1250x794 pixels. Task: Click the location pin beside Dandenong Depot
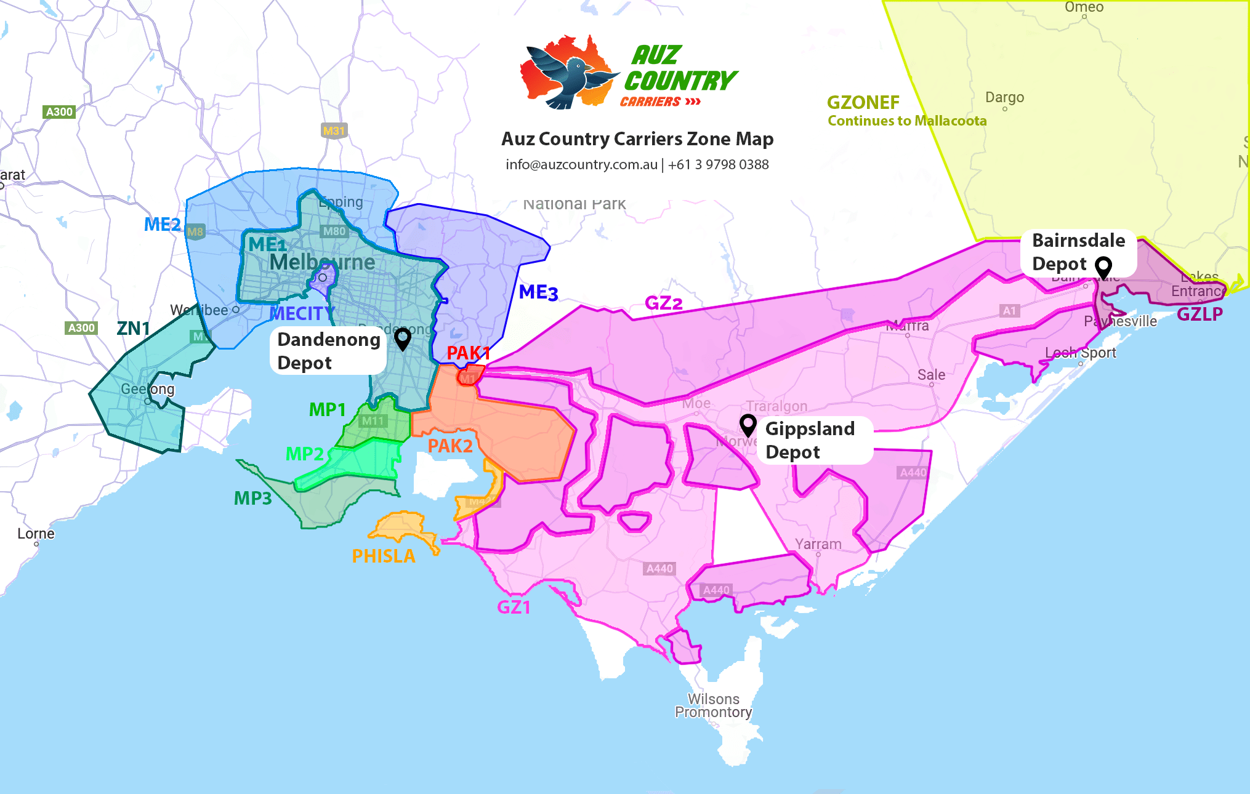coord(403,338)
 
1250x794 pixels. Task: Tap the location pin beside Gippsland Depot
coord(748,425)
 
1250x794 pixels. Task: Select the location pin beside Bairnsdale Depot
coord(1103,267)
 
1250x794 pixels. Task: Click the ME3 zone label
coord(538,292)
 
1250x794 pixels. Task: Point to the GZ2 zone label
coord(663,303)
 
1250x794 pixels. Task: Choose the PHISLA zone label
coord(383,556)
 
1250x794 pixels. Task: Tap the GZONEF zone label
coord(863,102)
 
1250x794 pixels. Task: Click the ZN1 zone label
coord(133,328)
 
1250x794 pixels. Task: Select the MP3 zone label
coord(252,498)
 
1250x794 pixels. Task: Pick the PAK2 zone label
coord(450,446)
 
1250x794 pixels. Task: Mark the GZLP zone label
coord(1200,314)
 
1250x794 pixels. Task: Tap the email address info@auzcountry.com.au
coord(581,164)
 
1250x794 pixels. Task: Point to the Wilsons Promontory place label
coord(713,705)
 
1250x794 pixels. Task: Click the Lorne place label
coord(36,534)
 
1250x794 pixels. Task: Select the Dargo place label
coord(1004,97)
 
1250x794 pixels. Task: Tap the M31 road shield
coord(334,130)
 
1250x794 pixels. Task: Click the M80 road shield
coord(334,231)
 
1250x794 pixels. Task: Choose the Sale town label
coord(931,375)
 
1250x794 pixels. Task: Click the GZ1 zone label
coord(514,607)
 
